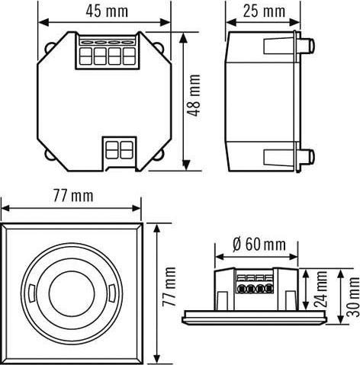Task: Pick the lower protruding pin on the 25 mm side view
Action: (310, 157)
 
